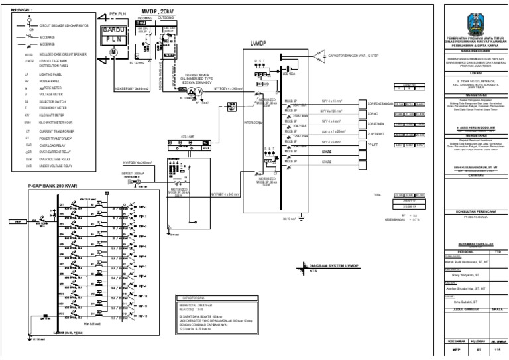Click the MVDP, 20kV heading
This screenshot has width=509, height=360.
[158, 12]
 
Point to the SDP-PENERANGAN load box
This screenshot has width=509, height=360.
[376, 104]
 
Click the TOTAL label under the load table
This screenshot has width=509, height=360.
[378, 196]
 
